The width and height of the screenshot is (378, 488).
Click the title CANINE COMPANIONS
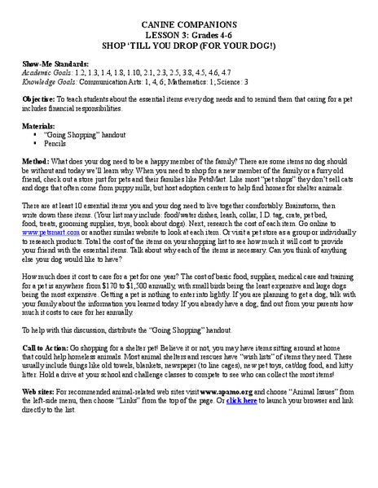pos(189,27)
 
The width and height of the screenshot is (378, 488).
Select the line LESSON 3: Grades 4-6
pos(189,37)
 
